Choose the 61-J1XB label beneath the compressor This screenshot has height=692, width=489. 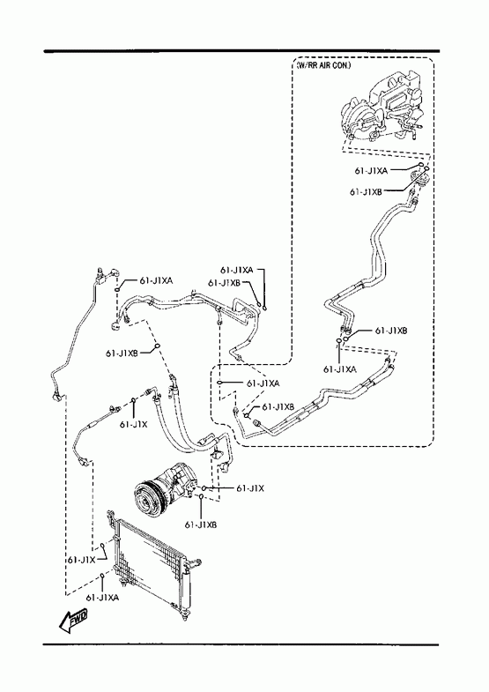[201, 525]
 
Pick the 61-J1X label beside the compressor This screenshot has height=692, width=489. [250, 488]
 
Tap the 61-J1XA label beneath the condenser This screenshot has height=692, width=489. [102, 598]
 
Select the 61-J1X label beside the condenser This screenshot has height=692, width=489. [82, 560]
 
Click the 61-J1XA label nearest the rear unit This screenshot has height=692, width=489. [371, 171]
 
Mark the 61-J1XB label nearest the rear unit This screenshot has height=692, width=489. [366, 192]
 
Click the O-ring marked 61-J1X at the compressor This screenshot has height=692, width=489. [204, 488]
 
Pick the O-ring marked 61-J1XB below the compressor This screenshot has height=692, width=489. [201, 497]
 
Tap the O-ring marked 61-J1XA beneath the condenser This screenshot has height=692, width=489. [102, 576]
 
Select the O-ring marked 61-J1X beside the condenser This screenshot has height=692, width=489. [102, 546]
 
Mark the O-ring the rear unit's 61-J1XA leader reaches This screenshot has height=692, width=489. [421, 165]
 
